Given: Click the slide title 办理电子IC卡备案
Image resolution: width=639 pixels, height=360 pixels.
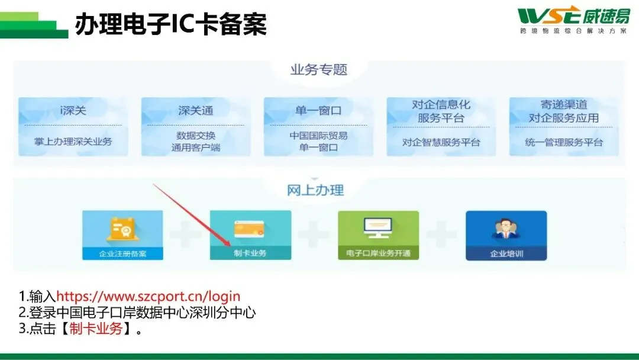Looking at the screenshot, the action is point(171,24).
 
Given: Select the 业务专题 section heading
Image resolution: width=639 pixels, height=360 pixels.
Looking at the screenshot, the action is point(319,70).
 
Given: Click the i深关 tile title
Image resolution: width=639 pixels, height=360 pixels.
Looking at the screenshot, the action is point(73,110).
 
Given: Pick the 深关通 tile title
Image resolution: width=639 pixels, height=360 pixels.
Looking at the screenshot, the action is point(196,110).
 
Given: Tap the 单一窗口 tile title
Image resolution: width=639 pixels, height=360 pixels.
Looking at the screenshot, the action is point(318,110).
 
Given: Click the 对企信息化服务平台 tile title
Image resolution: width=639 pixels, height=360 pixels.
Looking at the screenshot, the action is point(441,111).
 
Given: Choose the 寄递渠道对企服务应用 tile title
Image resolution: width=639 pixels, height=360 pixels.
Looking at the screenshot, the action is point(564,111).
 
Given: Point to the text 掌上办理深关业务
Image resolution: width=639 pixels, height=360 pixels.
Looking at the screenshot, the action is point(73,142).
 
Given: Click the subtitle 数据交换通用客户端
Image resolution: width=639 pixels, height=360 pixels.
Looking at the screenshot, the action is point(196,142).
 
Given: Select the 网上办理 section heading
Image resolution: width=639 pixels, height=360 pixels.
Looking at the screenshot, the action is point(315,190).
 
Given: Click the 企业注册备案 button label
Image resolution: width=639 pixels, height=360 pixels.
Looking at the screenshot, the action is point(122,253).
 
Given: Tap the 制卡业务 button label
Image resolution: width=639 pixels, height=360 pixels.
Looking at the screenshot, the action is point(250,253).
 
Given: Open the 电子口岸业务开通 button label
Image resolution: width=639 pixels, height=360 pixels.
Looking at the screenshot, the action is point(378,253).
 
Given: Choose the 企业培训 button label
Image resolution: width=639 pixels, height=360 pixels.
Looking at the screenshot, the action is point(506,253).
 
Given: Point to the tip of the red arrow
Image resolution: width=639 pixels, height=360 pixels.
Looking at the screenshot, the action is point(231,246).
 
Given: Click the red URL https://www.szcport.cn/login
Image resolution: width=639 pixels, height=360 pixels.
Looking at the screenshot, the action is point(149,297).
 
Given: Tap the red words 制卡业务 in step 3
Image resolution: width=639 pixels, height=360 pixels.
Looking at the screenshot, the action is point(96,328).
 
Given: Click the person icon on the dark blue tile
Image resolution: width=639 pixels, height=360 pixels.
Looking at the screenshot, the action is point(506,229).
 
